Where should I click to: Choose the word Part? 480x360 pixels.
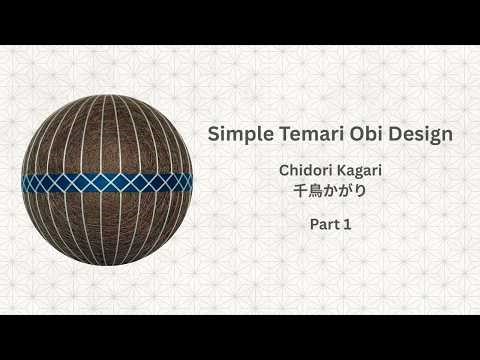pos(323,225)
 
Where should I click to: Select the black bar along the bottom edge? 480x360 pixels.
pos(240,337)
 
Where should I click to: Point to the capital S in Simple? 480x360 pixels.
pos(212,134)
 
